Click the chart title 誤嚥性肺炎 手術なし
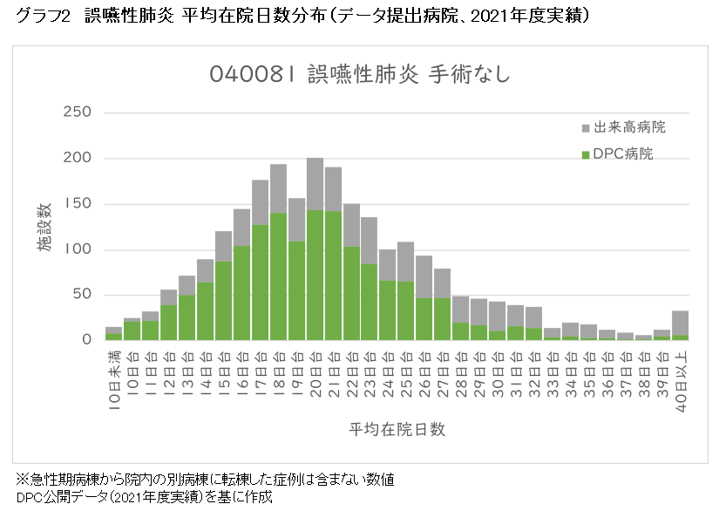tap(359, 75)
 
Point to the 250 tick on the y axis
tap(78, 112)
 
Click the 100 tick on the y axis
tap(78, 249)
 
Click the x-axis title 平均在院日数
tap(397, 429)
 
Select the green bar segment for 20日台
tap(315, 275)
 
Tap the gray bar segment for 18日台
tap(278, 188)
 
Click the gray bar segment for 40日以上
tap(680, 323)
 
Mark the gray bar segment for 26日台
tap(424, 277)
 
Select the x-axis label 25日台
tap(406, 376)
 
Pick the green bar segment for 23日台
tap(370, 302)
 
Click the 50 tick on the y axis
tap(82, 295)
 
